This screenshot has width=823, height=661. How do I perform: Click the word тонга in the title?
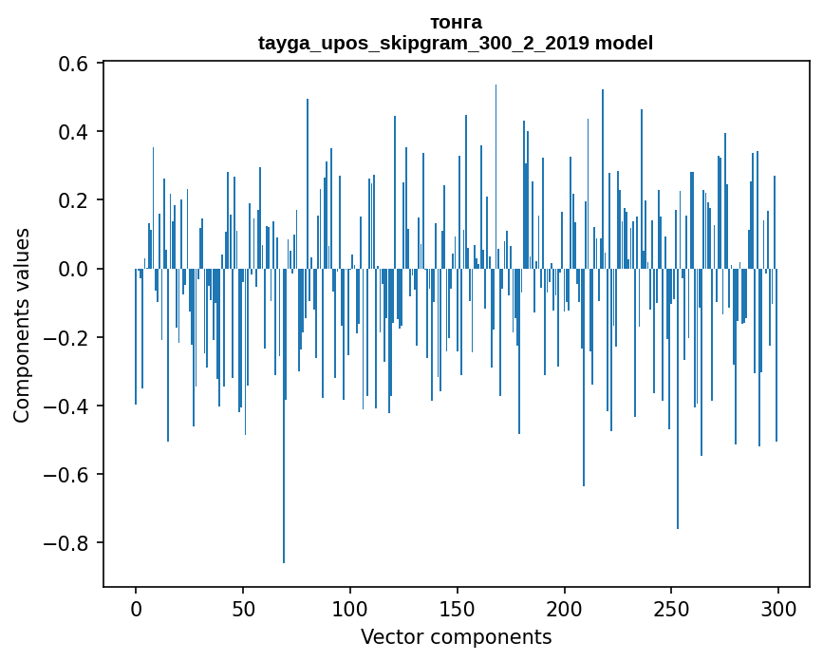(456, 22)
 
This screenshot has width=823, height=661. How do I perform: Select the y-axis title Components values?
(22, 325)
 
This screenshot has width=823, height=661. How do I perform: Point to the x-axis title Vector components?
(456, 636)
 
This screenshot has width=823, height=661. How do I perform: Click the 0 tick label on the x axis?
(136, 608)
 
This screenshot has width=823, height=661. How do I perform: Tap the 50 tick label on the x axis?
(243, 608)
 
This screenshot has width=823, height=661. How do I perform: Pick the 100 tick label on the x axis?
(350, 608)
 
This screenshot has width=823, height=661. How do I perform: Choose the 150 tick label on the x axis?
(457, 608)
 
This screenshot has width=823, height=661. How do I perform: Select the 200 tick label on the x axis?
(564, 608)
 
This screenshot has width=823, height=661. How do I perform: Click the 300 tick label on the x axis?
(778, 608)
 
